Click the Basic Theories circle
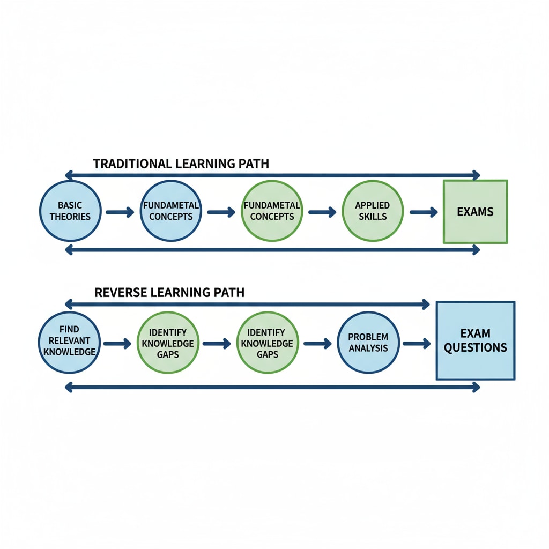coord(71,211)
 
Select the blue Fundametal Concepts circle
coord(170,211)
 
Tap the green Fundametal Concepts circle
coord(272,211)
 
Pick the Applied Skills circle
coord(372,211)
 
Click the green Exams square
coord(475,212)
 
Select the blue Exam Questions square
coord(476,341)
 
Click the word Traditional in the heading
coord(127,164)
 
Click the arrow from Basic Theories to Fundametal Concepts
coord(120,212)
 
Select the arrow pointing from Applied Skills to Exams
coord(424,212)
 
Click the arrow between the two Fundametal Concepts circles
coord(221,212)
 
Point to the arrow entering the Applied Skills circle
coord(322,212)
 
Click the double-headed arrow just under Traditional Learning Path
coord(272,175)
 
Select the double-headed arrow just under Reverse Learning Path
coord(247,305)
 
